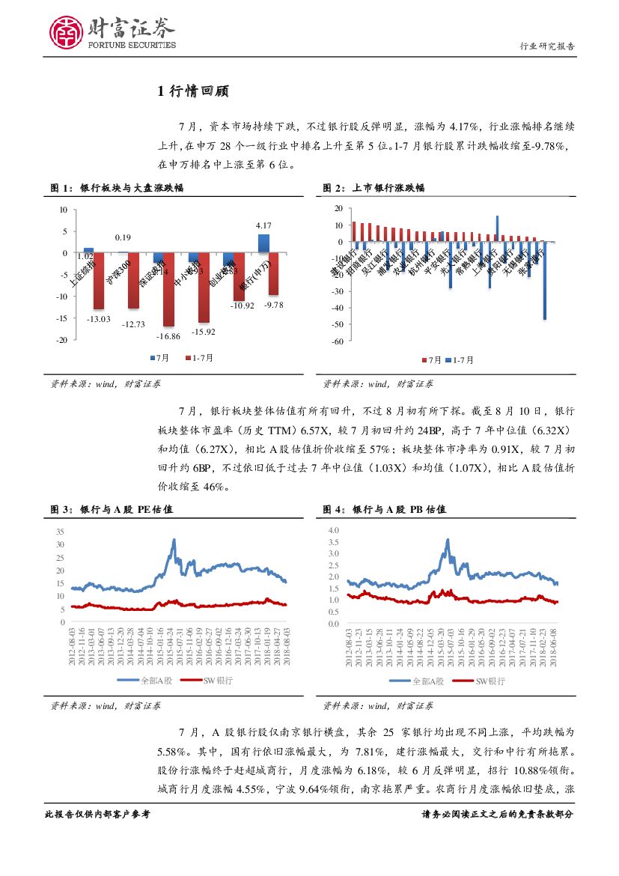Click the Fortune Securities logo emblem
(67, 31)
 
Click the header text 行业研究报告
(547, 46)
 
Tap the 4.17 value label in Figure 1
(263, 225)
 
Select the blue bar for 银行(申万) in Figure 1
(263, 243)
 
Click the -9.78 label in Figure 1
(274, 305)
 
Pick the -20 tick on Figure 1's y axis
(63, 340)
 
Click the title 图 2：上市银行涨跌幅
(373, 188)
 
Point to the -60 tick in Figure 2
(338, 341)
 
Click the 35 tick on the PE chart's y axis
(60, 531)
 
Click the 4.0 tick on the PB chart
(334, 530)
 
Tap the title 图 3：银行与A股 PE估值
(112, 509)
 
